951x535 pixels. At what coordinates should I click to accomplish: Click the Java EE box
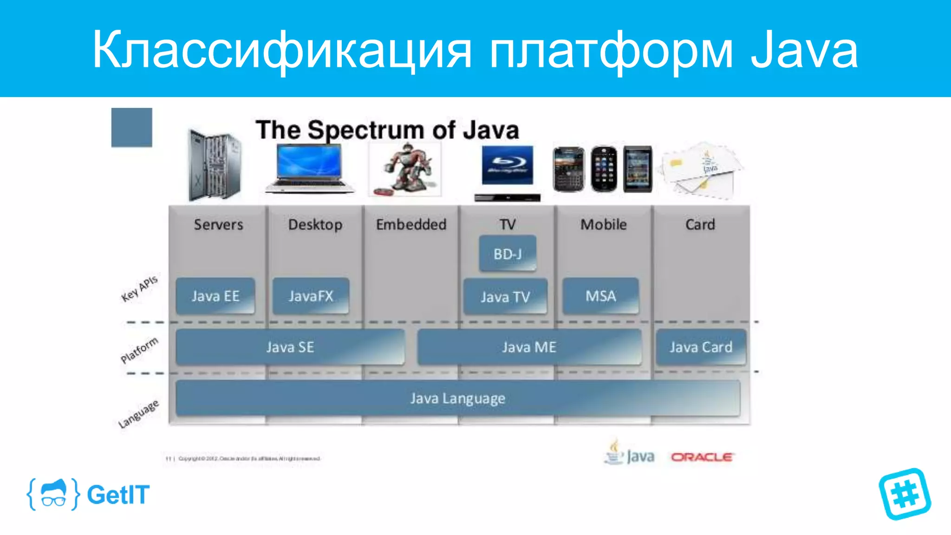pyautogui.click(x=215, y=296)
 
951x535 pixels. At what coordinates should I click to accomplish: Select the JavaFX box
pyautogui.click(x=311, y=296)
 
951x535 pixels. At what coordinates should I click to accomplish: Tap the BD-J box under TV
pyautogui.click(x=508, y=254)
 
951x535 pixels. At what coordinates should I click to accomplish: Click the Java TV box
pyautogui.click(x=505, y=297)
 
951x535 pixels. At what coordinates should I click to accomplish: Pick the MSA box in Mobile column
pyautogui.click(x=600, y=296)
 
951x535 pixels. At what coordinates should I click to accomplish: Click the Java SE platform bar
pyautogui.click(x=290, y=347)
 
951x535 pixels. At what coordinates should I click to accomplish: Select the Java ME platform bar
pyautogui.click(x=529, y=347)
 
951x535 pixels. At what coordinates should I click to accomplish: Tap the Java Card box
pyautogui.click(x=701, y=347)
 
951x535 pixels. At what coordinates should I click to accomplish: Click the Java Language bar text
pyautogui.click(x=457, y=398)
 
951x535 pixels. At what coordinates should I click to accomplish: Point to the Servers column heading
pyautogui.click(x=218, y=225)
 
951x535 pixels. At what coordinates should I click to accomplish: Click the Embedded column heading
pyautogui.click(x=411, y=225)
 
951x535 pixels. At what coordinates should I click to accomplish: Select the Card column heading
pyautogui.click(x=700, y=225)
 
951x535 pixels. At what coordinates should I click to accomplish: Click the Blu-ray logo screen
pyautogui.click(x=507, y=165)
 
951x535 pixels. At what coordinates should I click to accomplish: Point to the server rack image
pyautogui.click(x=215, y=164)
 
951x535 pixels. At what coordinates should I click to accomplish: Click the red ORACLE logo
pyautogui.click(x=702, y=457)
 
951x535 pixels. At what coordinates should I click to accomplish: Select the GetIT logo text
pyautogui.click(x=118, y=495)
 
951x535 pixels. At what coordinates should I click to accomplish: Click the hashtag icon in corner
pyautogui.click(x=905, y=494)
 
